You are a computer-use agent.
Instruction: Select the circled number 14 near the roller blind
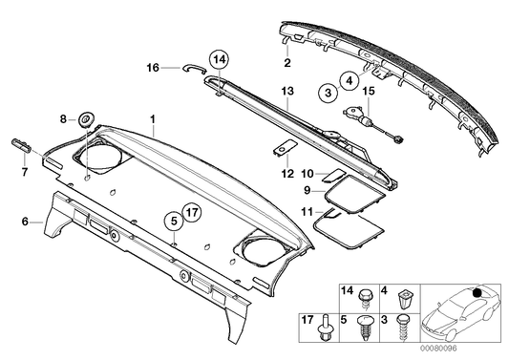coord(219,60)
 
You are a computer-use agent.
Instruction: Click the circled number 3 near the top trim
coord(328,94)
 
